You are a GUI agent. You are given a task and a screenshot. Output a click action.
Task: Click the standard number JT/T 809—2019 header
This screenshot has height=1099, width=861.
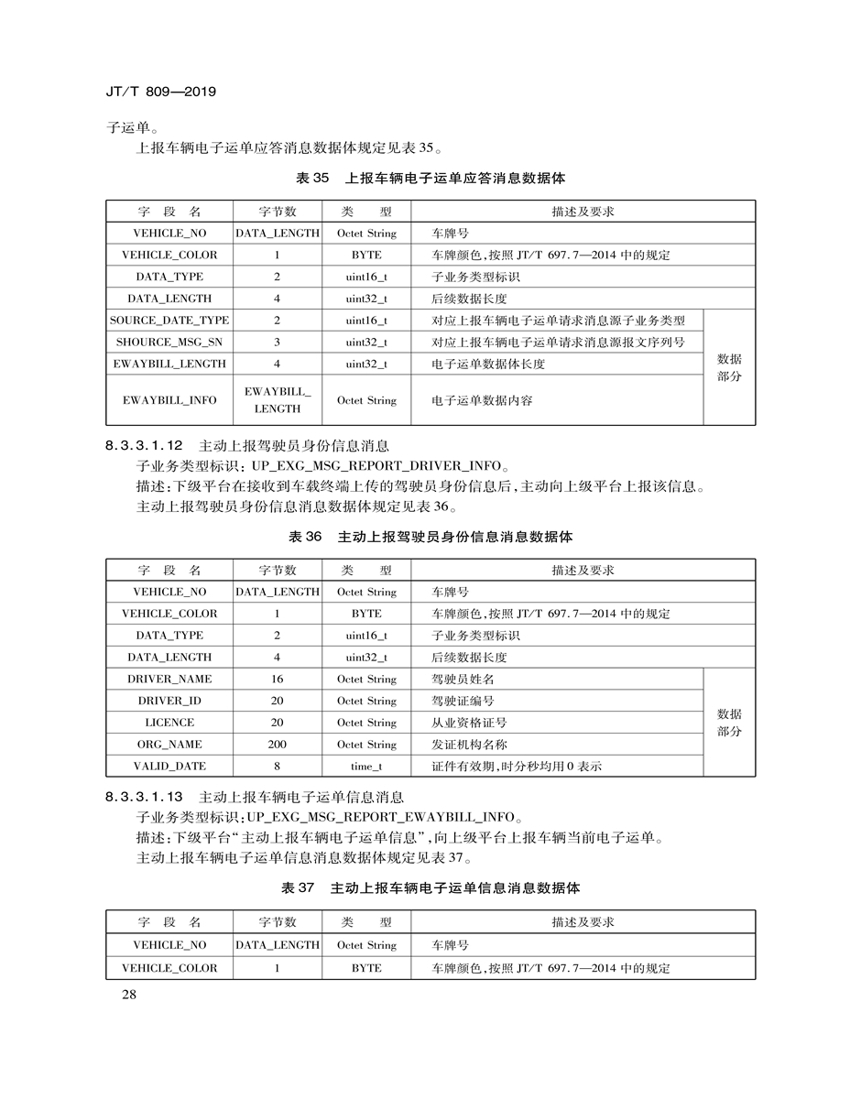(160, 92)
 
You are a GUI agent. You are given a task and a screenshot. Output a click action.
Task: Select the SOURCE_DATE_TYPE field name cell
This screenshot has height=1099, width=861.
(169, 321)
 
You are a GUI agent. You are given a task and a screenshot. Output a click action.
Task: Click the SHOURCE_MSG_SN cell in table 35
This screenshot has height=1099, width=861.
(169, 343)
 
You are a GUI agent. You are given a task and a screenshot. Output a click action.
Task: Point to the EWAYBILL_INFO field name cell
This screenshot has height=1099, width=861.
(169, 400)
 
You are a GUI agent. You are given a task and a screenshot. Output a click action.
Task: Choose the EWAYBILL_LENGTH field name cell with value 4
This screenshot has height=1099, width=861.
(169, 364)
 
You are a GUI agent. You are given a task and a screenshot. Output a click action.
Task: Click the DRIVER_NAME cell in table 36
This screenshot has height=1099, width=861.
(169, 680)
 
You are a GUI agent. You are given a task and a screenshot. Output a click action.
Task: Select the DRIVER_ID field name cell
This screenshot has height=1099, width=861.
(169, 701)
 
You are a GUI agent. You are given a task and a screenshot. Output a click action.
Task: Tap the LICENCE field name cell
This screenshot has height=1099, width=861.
(169, 723)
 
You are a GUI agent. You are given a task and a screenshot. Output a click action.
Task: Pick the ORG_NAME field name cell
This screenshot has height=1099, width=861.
(169, 745)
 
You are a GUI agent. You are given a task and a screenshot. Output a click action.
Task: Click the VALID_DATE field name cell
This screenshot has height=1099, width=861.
(169, 766)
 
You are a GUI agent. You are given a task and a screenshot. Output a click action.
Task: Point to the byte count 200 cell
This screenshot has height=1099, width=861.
(277, 745)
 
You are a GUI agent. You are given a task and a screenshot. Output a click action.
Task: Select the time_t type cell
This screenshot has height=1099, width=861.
(366, 766)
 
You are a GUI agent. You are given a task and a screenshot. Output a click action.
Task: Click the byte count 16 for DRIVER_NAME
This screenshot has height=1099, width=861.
(277, 680)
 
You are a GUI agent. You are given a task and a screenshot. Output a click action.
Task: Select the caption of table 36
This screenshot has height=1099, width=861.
(430, 537)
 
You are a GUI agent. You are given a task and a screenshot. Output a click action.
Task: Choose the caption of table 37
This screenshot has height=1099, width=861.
(430, 888)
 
